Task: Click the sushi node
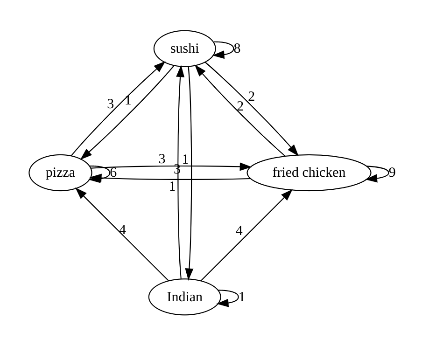pyautogui.click(x=185, y=48)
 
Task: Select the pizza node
pyautogui.click(x=60, y=173)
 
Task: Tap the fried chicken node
pyautogui.click(x=309, y=173)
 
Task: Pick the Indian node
pyautogui.click(x=185, y=297)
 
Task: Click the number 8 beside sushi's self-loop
pyautogui.click(x=237, y=48)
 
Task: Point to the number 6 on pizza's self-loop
pyautogui.click(x=113, y=173)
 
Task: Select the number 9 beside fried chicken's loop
pyautogui.click(x=392, y=173)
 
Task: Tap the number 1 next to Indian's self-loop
pyautogui.click(x=242, y=297)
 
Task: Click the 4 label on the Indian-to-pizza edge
pyautogui.click(x=122, y=230)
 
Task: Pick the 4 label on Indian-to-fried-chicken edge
pyautogui.click(x=239, y=231)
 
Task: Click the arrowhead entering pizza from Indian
pyautogui.click(x=80, y=193)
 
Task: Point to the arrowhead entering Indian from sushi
pyautogui.click(x=189, y=274)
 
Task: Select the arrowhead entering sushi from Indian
pyautogui.click(x=180, y=71)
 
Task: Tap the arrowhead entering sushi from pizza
pyautogui.click(x=160, y=66)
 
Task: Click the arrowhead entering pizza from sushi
pyautogui.click(x=86, y=154)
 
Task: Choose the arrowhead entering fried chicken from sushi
pyautogui.click(x=294, y=150)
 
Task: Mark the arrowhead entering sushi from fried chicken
pyautogui.click(x=200, y=70)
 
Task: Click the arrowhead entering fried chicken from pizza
pyautogui.click(x=246, y=166)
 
